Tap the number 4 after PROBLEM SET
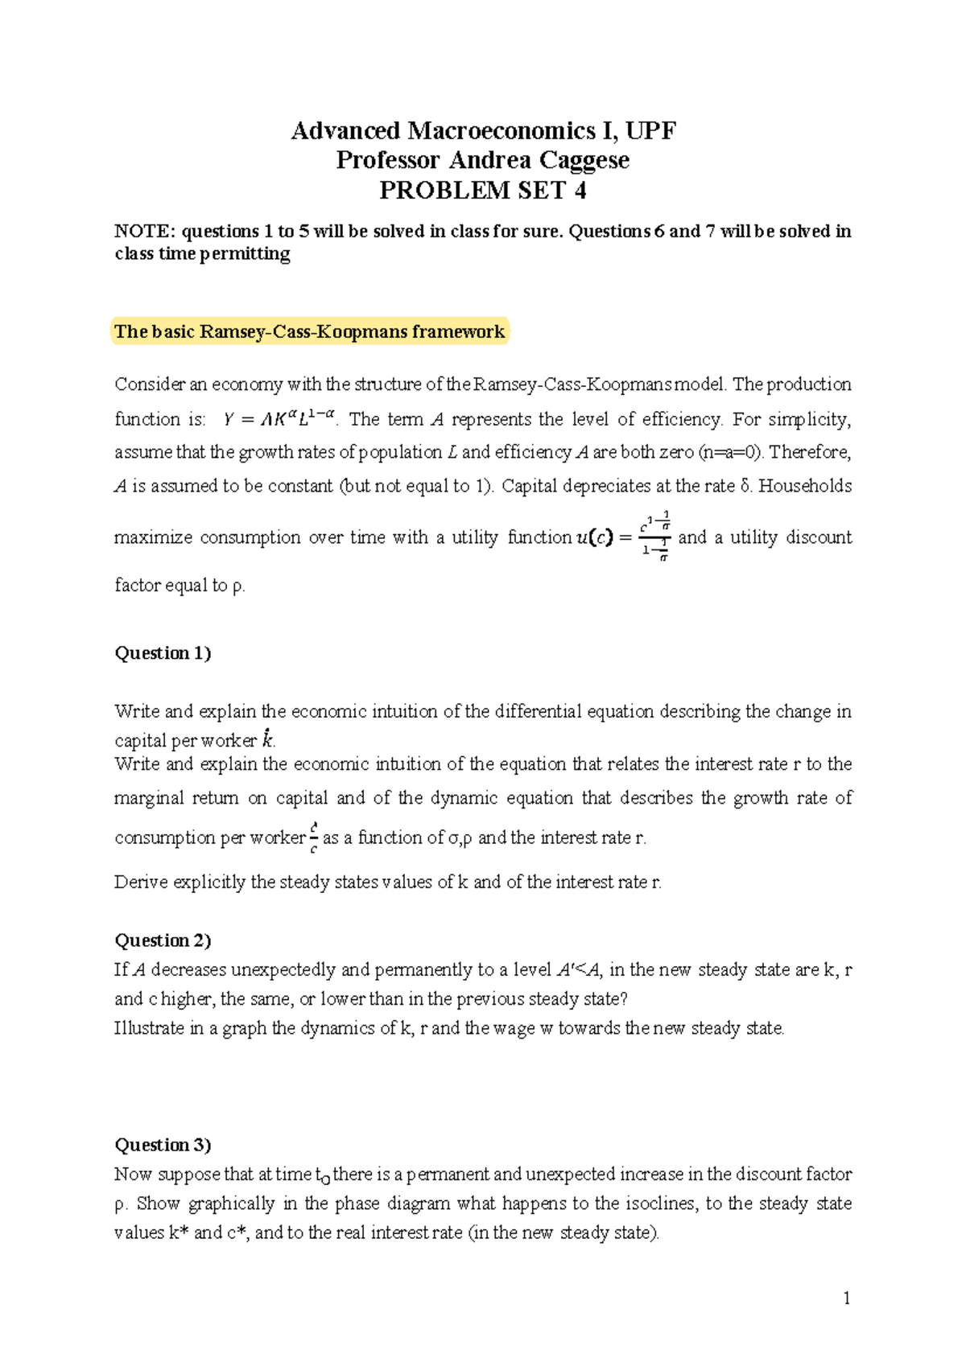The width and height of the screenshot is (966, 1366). (x=580, y=190)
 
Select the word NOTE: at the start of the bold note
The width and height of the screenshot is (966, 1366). (x=144, y=232)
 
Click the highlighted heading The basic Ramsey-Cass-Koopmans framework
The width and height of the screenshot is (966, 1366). (x=309, y=331)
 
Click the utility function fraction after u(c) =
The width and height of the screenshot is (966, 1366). (x=654, y=537)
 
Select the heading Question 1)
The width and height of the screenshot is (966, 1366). (x=163, y=652)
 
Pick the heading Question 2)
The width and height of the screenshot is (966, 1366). (x=163, y=940)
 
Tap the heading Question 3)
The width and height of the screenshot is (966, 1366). (x=163, y=1144)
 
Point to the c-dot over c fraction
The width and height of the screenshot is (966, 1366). (x=313, y=837)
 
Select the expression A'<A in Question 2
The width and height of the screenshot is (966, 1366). (x=579, y=969)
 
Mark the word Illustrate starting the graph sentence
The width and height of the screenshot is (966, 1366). (x=149, y=1028)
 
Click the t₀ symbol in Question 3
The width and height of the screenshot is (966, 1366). (x=322, y=1176)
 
